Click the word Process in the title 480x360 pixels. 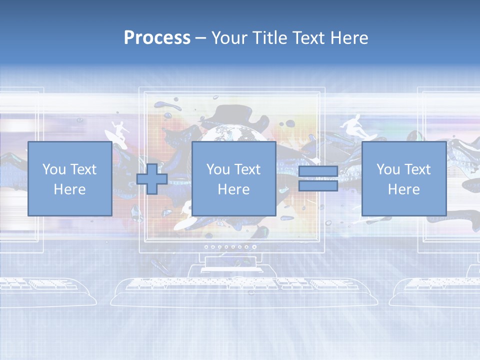click(x=157, y=38)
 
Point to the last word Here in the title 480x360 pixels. click(x=348, y=38)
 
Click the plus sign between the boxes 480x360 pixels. click(x=152, y=179)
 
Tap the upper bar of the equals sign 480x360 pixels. click(x=318, y=171)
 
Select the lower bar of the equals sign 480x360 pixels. click(x=318, y=186)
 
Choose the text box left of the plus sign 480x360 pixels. click(x=69, y=178)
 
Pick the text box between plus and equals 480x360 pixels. click(x=233, y=178)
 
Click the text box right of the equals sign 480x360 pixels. click(x=403, y=178)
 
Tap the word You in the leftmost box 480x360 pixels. click(x=53, y=169)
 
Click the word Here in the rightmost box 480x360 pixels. click(x=403, y=189)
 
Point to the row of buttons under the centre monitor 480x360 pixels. click(x=226, y=247)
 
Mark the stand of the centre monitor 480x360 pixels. click(x=231, y=265)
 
